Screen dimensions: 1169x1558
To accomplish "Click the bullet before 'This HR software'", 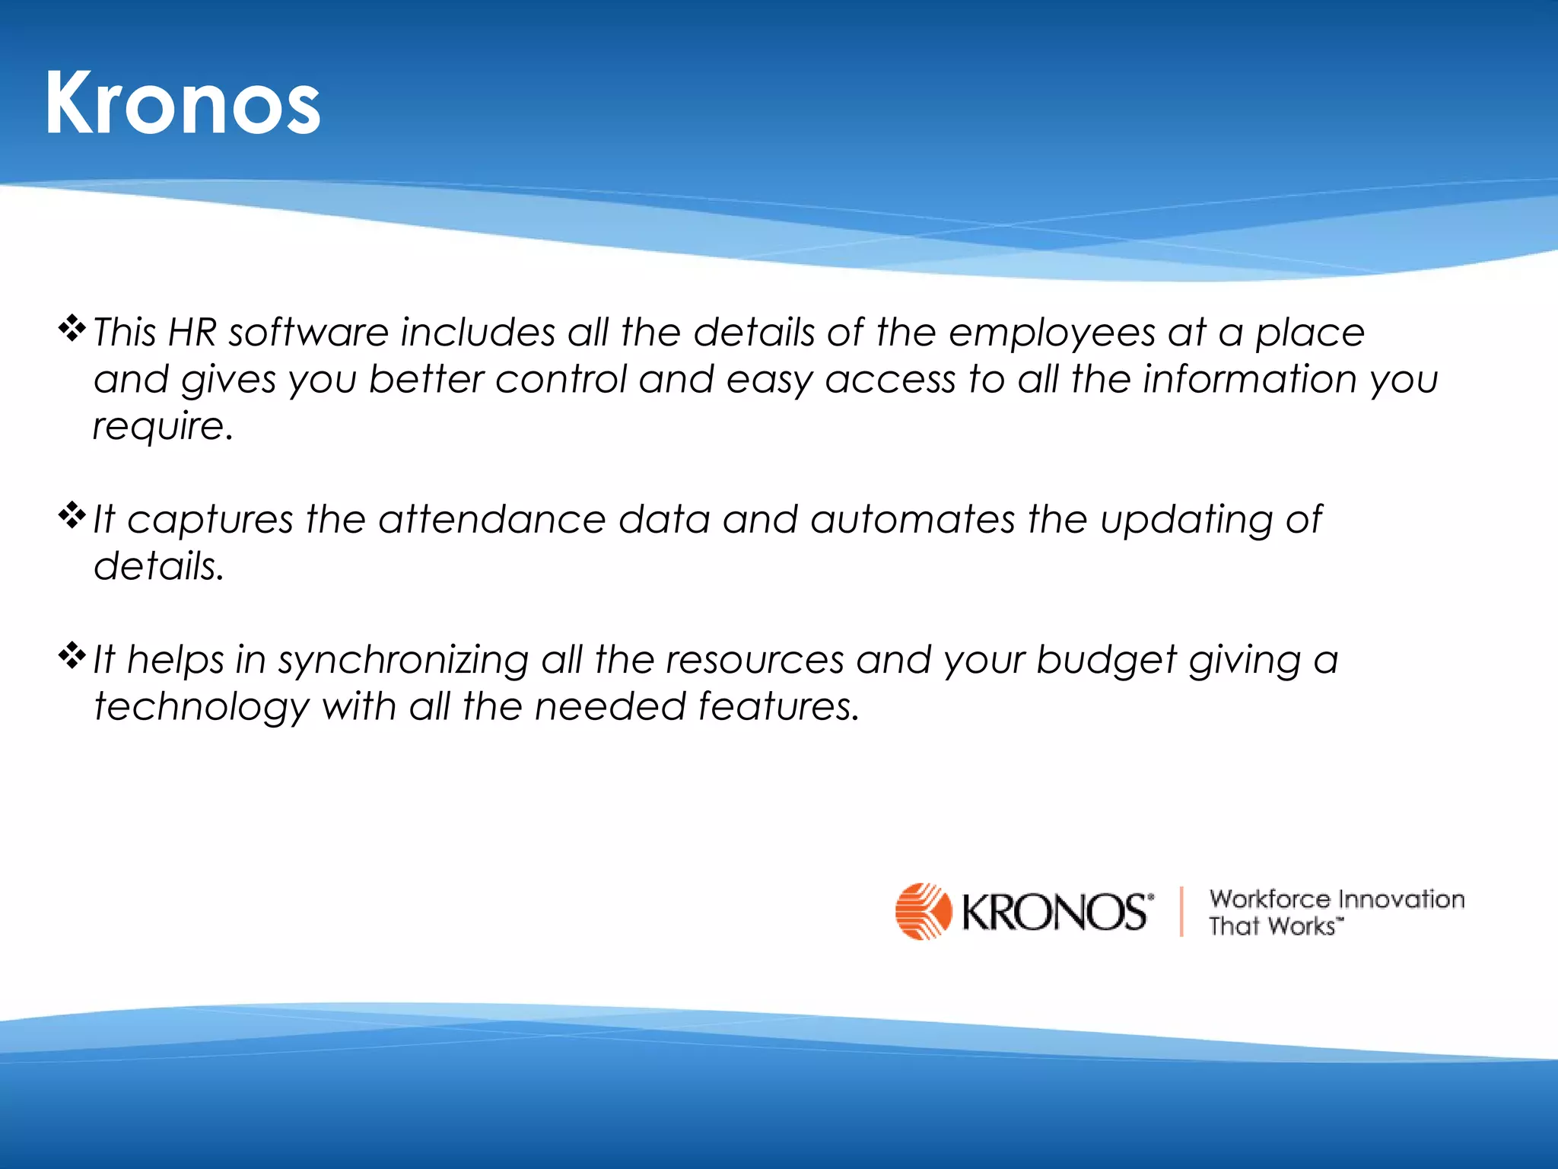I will pyautogui.click(x=72, y=328).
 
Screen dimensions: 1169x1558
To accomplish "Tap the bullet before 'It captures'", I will pyautogui.click(x=72, y=516).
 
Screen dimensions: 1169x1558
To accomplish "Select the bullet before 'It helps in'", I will pyautogui.click(x=72, y=655).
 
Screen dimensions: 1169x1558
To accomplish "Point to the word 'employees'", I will pyautogui.click(x=1052, y=333).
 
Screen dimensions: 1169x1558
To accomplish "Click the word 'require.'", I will pyautogui.click(x=162, y=426).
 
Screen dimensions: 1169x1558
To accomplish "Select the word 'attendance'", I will pyautogui.click(x=492, y=520).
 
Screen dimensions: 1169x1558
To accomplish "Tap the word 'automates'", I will pyautogui.click(x=912, y=520).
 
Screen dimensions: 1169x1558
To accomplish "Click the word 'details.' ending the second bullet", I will pyautogui.click(x=159, y=566).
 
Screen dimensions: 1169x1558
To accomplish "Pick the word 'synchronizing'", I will pyautogui.click(x=403, y=661).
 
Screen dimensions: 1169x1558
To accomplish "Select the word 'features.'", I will pyautogui.click(x=779, y=706).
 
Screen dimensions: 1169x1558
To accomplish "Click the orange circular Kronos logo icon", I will pyautogui.click(x=923, y=911).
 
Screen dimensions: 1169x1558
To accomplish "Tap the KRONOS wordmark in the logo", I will pyautogui.click(x=1054, y=912).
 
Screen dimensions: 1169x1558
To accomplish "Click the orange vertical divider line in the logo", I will pyautogui.click(x=1181, y=911).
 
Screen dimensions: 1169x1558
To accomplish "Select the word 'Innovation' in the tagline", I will pyautogui.click(x=1401, y=899).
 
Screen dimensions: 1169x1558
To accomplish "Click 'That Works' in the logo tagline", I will pyautogui.click(x=1273, y=926).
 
